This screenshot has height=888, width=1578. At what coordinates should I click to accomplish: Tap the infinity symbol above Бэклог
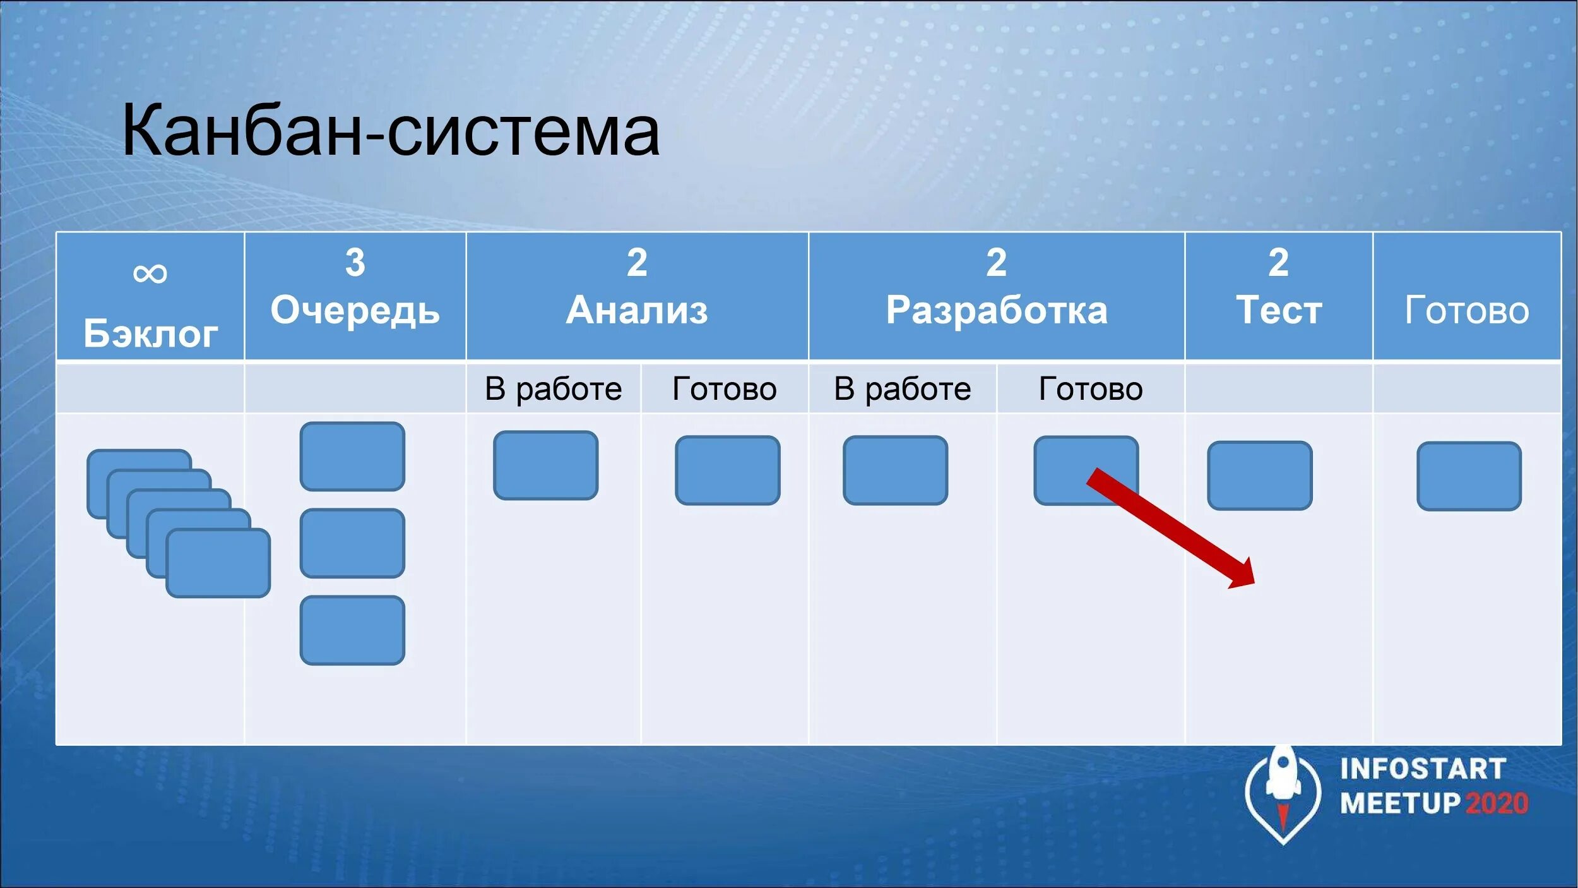click(150, 273)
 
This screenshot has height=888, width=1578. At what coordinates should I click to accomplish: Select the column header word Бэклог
click(150, 333)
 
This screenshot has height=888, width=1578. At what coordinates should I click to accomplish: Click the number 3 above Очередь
click(355, 262)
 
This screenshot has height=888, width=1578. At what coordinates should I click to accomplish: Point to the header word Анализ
click(636, 310)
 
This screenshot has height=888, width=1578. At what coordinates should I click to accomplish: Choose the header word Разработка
click(996, 310)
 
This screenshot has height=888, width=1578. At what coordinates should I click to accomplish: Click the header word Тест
click(1279, 310)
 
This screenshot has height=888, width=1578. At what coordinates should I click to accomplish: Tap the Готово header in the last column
click(1466, 310)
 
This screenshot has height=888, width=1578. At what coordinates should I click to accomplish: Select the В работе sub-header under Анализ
click(553, 388)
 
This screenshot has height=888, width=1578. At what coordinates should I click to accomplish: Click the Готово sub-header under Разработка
click(1090, 388)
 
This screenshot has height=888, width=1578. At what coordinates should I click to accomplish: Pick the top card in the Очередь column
click(352, 457)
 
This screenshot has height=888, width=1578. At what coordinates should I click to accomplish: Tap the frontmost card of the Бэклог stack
click(218, 563)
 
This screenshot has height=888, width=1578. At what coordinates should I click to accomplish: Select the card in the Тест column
click(1259, 476)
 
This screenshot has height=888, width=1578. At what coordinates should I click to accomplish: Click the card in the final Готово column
click(1469, 476)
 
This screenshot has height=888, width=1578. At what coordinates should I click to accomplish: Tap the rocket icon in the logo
click(1283, 786)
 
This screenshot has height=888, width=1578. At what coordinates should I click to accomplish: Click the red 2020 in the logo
click(1496, 804)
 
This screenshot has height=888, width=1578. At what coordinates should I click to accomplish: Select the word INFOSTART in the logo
click(1423, 769)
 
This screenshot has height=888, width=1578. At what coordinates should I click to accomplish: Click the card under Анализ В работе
click(545, 465)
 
